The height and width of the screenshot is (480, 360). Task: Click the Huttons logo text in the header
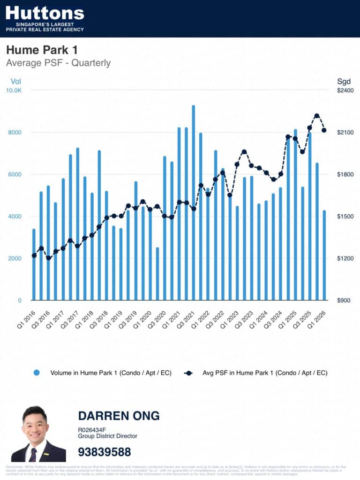(x=45, y=13)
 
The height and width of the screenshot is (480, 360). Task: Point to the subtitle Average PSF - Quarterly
(x=58, y=63)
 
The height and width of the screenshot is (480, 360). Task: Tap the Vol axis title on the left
(x=16, y=81)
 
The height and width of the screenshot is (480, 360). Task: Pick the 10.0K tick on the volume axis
(x=13, y=90)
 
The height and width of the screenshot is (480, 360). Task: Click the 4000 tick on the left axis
(x=13, y=217)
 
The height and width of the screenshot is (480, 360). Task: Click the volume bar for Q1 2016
(x=34, y=264)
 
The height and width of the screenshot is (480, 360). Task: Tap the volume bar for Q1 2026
(x=324, y=255)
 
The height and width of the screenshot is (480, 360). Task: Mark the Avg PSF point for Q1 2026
(x=324, y=130)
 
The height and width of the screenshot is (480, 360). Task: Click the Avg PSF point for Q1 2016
(x=34, y=255)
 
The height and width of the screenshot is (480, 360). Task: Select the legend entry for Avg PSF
(x=255, y=373)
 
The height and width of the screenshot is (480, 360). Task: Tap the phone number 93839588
(x=105, y=452)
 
